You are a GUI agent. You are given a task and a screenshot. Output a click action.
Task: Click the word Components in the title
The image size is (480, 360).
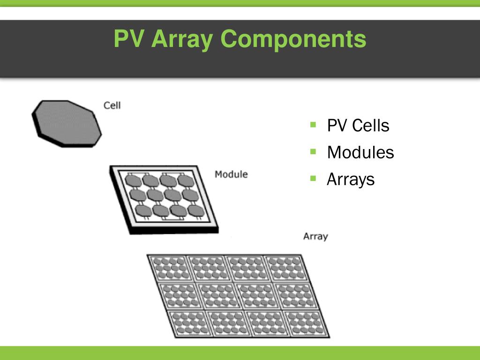[293, 39]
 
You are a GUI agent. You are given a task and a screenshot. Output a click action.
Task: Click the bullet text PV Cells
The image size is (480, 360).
[358, 126]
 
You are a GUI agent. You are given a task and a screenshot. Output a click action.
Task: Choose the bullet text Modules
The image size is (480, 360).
[360, 152]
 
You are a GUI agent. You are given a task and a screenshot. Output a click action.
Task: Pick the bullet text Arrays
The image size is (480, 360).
[351, 179]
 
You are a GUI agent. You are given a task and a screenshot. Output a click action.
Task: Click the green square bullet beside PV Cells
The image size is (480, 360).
[314, 125]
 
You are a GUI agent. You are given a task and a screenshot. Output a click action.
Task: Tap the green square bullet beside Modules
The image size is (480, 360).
[314, 151]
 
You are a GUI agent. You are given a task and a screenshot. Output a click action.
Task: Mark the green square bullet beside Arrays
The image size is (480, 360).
[314, 178]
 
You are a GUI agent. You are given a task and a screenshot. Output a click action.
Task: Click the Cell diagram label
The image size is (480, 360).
[112, 105]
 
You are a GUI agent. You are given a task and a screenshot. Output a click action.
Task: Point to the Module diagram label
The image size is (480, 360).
[231, 174]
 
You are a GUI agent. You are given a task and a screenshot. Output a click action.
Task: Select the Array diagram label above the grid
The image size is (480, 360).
[315, 236]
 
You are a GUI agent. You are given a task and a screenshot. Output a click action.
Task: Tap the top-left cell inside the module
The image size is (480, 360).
[135, 180]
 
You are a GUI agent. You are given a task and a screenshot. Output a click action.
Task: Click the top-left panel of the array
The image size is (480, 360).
[167, 268]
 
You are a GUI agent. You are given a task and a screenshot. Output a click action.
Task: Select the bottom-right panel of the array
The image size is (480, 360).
[307, 323]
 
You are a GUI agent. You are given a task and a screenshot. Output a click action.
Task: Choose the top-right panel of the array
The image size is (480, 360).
[285, 268]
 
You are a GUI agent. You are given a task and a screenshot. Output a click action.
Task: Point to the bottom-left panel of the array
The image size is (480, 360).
[187, 323]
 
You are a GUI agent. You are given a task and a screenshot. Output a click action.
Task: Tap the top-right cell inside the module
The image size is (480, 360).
[184, 180]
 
